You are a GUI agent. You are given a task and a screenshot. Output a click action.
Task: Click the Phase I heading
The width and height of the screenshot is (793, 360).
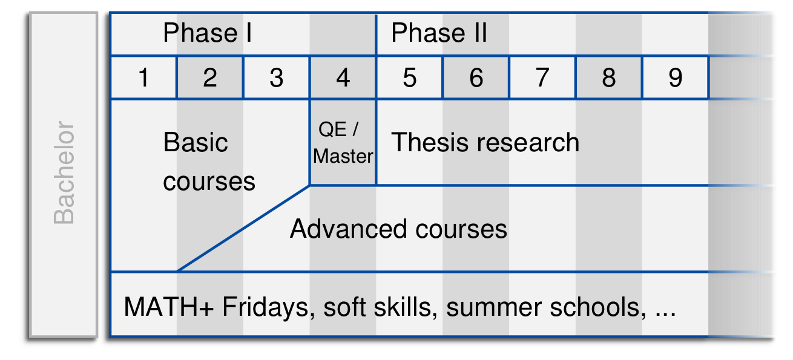tap(208, 33)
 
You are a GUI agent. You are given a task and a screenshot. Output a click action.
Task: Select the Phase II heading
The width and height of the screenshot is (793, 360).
tap(439, 33)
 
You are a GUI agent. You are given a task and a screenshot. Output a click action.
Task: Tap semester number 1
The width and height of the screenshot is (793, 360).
tap(143, 77)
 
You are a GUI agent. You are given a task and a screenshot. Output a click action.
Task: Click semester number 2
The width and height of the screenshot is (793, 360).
tap(210, 77)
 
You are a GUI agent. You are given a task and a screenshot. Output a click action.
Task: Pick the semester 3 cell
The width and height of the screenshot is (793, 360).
tap(277, 77)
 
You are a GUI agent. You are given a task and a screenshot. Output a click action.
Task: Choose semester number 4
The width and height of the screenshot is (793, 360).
tap(343, 77)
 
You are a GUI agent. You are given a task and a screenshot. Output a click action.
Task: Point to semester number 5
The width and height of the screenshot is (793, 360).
tap(410, 77)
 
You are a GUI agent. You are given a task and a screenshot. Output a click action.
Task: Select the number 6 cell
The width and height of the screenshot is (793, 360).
tap(476, 77)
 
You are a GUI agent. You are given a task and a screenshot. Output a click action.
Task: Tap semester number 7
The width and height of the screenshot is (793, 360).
tap(542, 77)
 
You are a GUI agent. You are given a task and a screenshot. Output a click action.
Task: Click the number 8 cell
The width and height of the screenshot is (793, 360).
tap(609, 77)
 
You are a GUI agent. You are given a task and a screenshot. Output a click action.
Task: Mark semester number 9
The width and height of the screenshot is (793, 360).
tap(676, 77)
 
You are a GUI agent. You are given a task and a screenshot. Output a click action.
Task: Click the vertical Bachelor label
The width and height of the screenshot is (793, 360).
tap(64, 173)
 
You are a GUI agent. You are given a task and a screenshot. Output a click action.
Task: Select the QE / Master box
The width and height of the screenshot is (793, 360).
tap(343, 142)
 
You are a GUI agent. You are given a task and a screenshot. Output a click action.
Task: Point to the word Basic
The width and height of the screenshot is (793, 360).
tap(196, 142)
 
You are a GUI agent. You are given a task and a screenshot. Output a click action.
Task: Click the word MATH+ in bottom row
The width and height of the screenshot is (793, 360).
tap(168, 307)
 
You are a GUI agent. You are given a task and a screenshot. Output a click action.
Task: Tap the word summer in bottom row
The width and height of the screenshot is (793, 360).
tap(494, 307)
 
